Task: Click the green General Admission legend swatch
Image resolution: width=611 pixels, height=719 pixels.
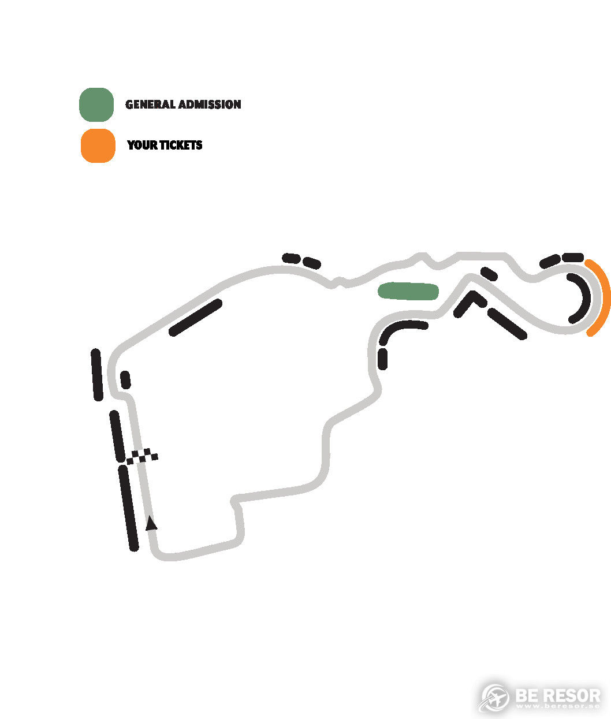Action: tap(96, 105)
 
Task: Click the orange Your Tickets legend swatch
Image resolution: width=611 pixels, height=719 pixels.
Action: tap(98, 146)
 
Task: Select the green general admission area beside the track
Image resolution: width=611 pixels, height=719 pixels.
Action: tap(408, 291)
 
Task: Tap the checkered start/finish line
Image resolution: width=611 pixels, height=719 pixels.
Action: tap(142, 456)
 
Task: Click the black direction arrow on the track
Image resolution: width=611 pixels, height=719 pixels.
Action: tap(151, 523)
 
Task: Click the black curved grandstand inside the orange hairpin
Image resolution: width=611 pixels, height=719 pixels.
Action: tap(582, 298)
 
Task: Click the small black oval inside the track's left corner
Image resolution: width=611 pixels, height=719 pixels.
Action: tap(125, 380)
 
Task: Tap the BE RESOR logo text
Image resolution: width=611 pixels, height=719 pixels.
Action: tap(558, 696)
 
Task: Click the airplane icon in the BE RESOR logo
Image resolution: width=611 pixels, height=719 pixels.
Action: tap(494, 697)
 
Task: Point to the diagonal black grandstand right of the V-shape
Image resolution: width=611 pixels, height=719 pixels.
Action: tap(507, 324)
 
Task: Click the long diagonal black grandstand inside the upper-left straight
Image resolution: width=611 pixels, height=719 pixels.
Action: tap(195, 318)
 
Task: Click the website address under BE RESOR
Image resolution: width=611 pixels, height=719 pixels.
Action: tap(558, 706)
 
